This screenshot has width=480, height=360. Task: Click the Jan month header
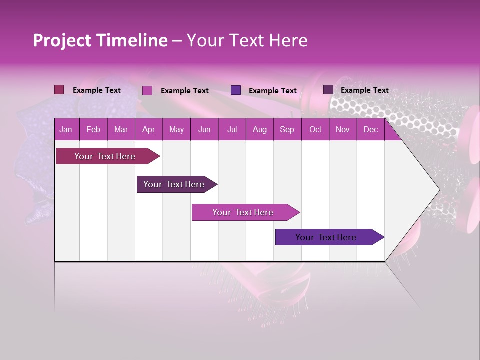click(66, 130)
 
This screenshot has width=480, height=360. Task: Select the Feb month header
click(93, 130)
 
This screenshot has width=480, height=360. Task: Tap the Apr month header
click(148, 130)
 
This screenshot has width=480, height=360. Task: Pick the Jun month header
click(204, 130)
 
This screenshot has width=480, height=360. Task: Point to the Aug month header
click(259, 130)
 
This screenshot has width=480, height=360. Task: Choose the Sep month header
click(287, 130)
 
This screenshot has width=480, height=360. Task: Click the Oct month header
click(315, 130)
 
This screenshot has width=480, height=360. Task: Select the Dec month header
click(370, 130)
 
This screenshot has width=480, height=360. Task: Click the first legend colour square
click(59, 90)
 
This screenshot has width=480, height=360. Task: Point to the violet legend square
click(236, 90)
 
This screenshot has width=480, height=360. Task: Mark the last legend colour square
click(328, 90)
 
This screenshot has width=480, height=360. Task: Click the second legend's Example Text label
click(184, 91)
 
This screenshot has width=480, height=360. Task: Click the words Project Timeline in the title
click(100, 40)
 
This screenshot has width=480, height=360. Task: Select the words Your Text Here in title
click(247, 40)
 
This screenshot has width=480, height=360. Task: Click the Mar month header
click(121, 130)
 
